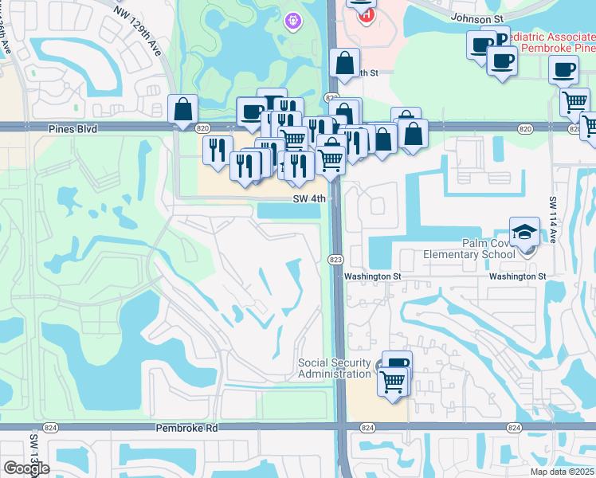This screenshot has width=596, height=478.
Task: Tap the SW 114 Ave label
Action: tap(552, 214)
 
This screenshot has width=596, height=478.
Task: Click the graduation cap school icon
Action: tap(524, 232)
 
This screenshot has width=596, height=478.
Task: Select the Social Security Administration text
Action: tap(335, 369)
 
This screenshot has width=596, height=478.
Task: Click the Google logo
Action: tap(26, 468)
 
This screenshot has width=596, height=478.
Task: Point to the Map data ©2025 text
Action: tap(561, 472)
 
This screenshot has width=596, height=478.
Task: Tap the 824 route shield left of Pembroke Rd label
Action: tap(49, 428)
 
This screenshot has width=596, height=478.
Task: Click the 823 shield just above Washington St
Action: tap(335, 260)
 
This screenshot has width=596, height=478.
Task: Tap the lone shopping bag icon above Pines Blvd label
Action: tap(183, 109)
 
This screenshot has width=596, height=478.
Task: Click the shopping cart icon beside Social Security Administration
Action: tap(393, 381)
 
